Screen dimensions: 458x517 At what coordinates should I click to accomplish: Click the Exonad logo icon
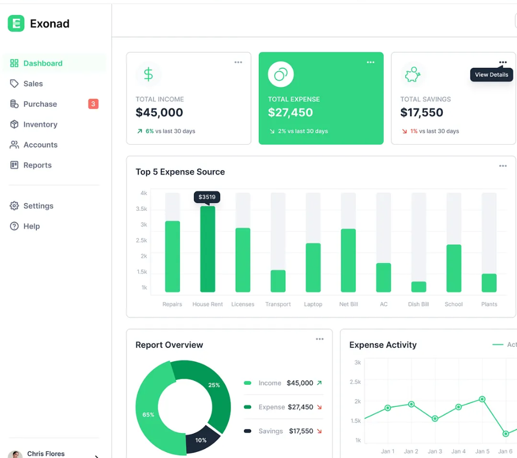coord(16,23)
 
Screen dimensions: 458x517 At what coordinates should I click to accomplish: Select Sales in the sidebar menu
coord(33,84)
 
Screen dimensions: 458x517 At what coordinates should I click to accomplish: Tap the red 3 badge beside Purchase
coord(93,104)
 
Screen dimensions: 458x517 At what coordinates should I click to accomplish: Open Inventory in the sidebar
coord(40,124)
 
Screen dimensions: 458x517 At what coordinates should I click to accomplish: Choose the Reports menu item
coord(37,165)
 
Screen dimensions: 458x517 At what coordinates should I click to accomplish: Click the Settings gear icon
coord(14,206)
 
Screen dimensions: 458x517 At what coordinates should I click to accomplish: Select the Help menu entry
coord(31,226)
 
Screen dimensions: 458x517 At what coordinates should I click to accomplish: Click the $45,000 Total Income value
coord(159,113)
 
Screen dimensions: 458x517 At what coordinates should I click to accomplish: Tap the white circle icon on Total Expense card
coord(281,74)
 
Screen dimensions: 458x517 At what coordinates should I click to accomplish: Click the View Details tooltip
coord(491,75)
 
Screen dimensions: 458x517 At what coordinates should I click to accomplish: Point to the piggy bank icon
coord(412,75)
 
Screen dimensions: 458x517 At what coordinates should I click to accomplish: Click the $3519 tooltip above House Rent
coord(207,197)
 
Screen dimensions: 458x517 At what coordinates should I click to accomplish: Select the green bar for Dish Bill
coord(418,287)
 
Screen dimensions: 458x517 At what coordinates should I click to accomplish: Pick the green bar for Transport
coord(278,281)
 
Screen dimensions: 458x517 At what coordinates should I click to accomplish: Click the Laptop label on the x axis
coord(313,304)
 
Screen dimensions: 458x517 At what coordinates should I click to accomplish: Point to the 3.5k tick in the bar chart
coord(142,209)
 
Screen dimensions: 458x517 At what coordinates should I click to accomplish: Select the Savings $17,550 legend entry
coord(284,431)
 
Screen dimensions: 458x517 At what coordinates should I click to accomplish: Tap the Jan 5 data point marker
coord(482,399)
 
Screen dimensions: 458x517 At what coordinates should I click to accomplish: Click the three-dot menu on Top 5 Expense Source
coord(503,166)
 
